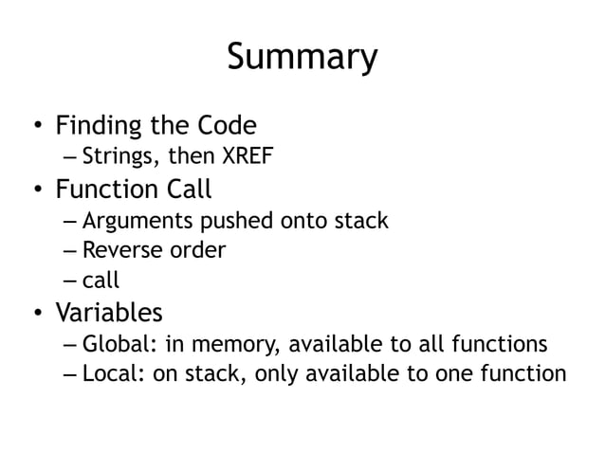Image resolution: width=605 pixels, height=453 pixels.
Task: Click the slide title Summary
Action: point(302,59)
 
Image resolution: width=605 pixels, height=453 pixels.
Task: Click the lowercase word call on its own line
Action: point(100,280)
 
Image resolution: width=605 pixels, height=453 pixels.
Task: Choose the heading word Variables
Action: point(108,312)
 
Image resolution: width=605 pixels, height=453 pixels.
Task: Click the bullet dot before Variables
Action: point(36,313)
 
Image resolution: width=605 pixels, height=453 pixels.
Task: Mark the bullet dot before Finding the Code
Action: point(36,126)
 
